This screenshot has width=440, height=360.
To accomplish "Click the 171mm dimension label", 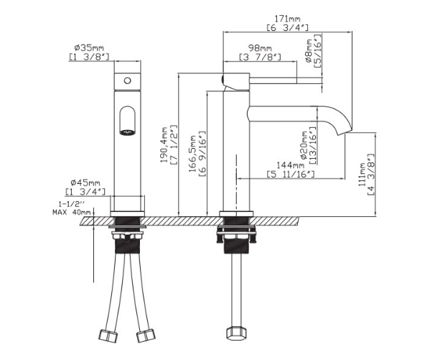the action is [287, 19].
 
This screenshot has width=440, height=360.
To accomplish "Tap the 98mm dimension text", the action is [260, 48].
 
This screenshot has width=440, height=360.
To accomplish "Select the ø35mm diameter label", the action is [89, 47].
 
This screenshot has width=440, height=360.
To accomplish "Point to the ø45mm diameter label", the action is [85, 183].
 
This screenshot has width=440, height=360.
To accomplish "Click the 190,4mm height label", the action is [164, 144].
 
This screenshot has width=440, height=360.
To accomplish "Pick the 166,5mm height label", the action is [192, 154].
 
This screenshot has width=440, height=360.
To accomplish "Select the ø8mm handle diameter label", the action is [309, 51].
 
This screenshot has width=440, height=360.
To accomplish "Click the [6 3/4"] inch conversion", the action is [287, 27].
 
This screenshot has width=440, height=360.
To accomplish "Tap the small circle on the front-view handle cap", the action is [127, 81].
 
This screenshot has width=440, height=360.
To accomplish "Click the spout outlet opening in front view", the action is [127, 131].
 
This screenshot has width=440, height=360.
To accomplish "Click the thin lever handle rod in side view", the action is [286, 80].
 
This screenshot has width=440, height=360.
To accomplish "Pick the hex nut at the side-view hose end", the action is [237, 333].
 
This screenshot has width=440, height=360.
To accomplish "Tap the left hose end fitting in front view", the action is [108, 336].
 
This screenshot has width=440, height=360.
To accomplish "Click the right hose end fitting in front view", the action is [146, 335].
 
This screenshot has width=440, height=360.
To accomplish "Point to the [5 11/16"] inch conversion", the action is [291, 174].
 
